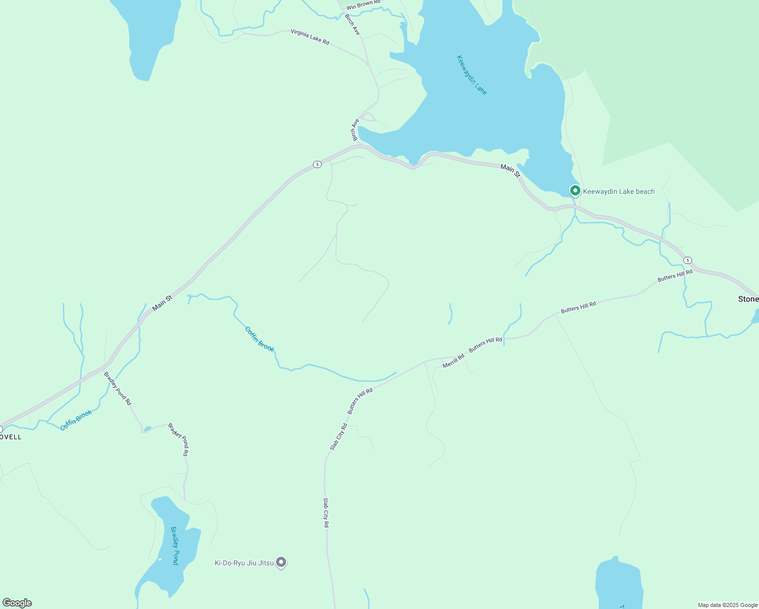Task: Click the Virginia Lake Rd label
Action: point(309,37)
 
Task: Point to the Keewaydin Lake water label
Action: point(472,75)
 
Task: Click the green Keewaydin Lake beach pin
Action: point(575,191)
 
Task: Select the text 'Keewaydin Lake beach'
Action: point(618,192)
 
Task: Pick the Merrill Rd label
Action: point(453,361)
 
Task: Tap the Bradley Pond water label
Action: point(175,546)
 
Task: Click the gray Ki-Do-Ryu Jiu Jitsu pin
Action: point(281,562)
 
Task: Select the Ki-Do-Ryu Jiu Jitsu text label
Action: point(244,563)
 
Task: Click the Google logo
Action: point(17,603)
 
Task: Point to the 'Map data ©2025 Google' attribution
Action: point(728,605)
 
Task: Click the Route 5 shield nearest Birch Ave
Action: point(317,164)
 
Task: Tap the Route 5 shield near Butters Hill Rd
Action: point(687,260)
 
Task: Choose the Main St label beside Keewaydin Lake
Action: point(510,171)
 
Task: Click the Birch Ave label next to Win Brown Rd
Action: point(352,24)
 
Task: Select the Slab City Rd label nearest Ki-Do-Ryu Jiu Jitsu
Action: point(326,513)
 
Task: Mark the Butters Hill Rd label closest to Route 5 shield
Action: point(675,276)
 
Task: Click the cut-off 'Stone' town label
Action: point(748,299)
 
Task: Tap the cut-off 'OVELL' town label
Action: point(11,437)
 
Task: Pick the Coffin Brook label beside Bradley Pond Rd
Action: point(76,420)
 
